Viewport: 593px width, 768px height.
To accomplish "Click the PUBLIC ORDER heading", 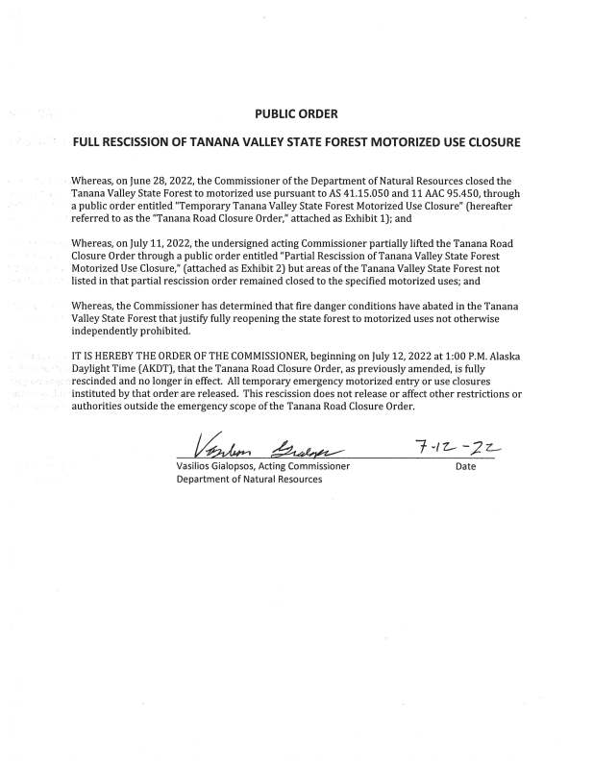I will [296, 113].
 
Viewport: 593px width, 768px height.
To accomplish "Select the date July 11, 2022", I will [153, 244].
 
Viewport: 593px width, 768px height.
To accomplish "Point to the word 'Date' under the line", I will [466, 466].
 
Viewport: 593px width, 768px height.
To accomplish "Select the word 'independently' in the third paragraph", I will [113, 332].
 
